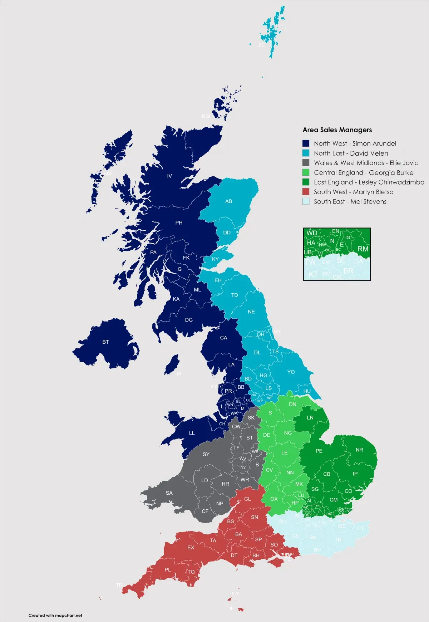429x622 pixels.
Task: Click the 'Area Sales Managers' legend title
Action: click(x=337, y=130)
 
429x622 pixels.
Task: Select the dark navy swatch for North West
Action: click(x=306, y=143)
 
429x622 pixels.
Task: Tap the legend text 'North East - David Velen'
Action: click(x=351, y=153)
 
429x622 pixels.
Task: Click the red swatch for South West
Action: click(x=306, y=192)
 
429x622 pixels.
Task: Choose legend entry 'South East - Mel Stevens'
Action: click(x=350, y=201)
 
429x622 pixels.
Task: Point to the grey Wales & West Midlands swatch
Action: click(x=306, y=163)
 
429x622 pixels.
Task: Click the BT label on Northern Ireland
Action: click(x=105, y=342)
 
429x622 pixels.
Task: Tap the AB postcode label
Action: click(x=229, y=201)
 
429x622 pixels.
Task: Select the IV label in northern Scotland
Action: click(x=169, y=176)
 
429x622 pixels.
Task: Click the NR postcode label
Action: click(x=359, y=450)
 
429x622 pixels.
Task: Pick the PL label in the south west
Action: click(x=168, y=570)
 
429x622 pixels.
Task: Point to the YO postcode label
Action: click(x=291, y=372)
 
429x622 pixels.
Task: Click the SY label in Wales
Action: click(x=206, y=454)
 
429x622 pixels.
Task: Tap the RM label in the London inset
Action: click(x=363, y=249)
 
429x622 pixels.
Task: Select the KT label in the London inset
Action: click(x=313, y=274)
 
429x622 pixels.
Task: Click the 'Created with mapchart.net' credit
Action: click(x=55, y=616)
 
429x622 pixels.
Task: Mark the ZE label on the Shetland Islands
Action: click(x=261, y=45)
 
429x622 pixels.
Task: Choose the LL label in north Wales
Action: click(x=192, y=433)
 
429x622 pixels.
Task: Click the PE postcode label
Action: click(x=319, y=451)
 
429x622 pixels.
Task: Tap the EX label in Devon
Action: click(x=191, y=547)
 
